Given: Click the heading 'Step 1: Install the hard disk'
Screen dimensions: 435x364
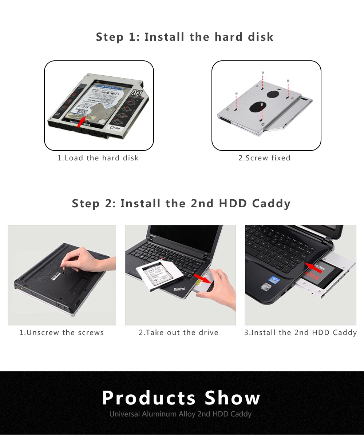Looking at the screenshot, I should coord(185,37).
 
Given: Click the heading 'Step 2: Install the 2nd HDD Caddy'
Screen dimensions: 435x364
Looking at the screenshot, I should coord(181,203).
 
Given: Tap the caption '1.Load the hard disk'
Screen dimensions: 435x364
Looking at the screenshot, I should coord(98,158).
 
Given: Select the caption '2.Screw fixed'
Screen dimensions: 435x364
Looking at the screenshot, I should coord(265,158).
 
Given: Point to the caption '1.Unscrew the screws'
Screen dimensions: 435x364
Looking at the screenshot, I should coord(62,333).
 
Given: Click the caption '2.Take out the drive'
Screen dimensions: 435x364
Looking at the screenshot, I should coord(178,333).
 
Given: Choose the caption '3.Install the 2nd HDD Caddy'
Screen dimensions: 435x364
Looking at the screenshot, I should coord(300,333).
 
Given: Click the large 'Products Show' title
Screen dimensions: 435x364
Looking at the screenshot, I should coord(181,398).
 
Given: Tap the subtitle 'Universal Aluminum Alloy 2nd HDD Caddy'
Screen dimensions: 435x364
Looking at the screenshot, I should coord(181,414).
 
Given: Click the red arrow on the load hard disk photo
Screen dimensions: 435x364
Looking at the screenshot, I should coord(82,121).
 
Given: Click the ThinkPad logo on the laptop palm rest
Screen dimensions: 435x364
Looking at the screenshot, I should coord(179,289).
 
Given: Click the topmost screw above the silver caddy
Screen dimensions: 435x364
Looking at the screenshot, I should coord(263,73).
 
